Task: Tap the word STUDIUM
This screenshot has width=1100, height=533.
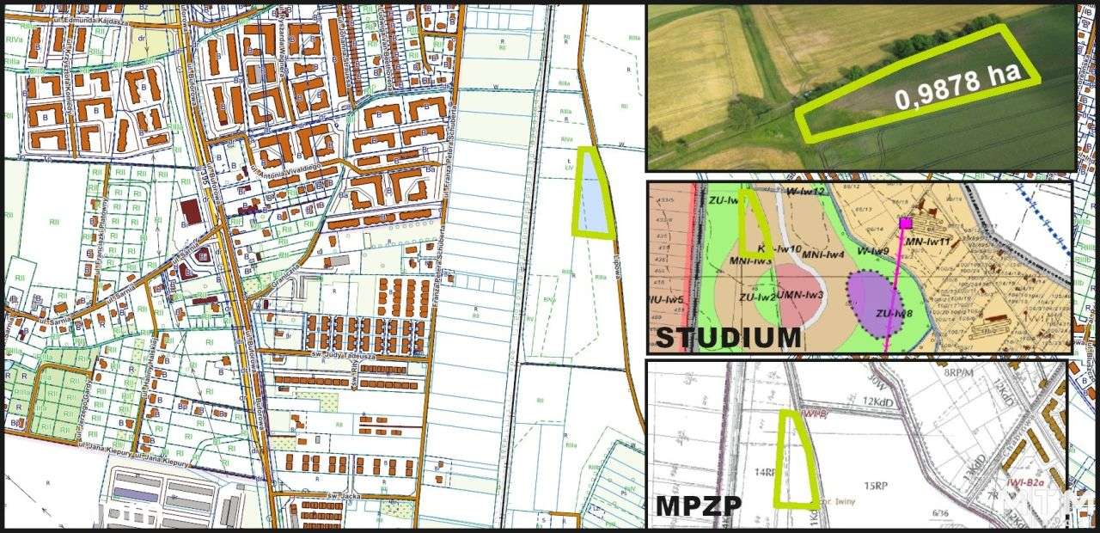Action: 727,336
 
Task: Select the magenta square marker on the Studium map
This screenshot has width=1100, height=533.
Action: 905,223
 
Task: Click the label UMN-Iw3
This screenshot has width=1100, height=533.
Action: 800,295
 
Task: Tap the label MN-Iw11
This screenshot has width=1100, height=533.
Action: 930,242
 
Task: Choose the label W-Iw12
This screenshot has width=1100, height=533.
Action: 805,191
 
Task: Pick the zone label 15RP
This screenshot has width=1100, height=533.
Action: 875,486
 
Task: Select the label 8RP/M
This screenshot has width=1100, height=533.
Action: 957,374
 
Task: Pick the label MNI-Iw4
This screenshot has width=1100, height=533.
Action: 823,254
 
